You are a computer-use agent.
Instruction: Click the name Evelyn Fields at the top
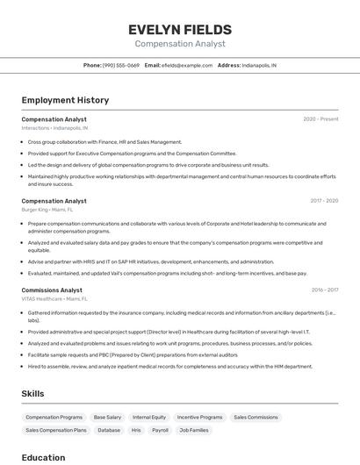[x=180, y=29]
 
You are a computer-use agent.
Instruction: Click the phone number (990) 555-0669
[x=120, y=65]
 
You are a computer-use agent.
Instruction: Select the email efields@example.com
[x=186, y=65]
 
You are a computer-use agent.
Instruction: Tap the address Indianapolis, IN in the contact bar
[x=259, y=65]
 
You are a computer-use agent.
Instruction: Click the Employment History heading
[x=65, y=100]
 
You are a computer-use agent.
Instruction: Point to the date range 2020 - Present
[x=320, y=119]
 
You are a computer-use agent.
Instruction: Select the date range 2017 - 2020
[x=324, y=201]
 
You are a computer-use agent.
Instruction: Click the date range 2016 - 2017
[x=324, y=290]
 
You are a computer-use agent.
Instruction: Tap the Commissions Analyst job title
[x=52, y=290]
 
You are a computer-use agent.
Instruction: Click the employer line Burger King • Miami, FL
[x=47, y=210]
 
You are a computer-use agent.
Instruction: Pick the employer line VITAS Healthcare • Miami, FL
[x=55, y=298]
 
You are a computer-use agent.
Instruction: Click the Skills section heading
[x=32, y=394]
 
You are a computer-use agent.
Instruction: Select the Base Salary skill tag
[x=107, y=418]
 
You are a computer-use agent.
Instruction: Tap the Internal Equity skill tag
[x=148, y=418]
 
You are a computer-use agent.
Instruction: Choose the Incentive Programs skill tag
[x=199, y=418]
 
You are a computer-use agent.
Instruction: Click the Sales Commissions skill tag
[x=256, y=418]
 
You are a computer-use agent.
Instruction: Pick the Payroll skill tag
[x=160, y=431]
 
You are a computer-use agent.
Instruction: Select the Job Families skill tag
[x=193, y=431]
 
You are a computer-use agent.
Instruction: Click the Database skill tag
[x=109, y=431]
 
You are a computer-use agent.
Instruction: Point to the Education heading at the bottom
[x=43, y=457]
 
